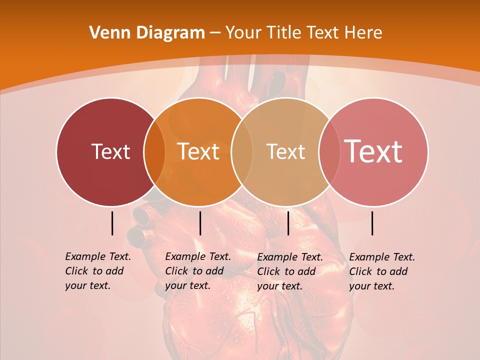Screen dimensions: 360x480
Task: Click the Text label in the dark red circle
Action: [110, 152]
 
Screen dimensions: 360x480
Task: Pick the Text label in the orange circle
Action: [198, 152]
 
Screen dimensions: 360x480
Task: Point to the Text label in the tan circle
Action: [285, 152]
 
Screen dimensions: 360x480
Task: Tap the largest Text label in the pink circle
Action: [373, 151]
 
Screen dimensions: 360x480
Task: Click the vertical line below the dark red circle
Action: [112, 223]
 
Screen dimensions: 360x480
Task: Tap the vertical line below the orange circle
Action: [200, 223]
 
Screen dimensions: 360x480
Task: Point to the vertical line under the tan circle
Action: [288, 223]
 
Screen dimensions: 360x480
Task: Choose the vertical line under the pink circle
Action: [372, 223]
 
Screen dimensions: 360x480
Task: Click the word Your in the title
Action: [243, 33]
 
